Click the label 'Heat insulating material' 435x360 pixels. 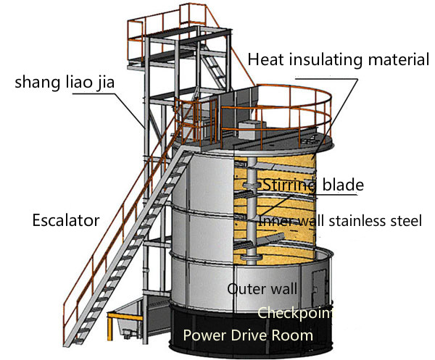tap(338, 60)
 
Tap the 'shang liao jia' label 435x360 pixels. tap(65, 83)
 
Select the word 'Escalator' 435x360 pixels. tap(66, 221)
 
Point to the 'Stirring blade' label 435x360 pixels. tap(313, 185)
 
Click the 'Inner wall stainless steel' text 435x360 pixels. tap(340, 221)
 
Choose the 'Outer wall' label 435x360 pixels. tap(262, 289)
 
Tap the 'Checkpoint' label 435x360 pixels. tap(295, 313)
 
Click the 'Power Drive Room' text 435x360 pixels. tap(248, 335)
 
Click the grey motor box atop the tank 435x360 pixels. tap(250, 130)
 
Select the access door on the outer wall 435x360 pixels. tap(319, 288)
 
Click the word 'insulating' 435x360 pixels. tap(328, 60)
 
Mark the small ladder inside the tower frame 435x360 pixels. tap(214, 68)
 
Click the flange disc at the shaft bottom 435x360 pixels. tap(251, 257)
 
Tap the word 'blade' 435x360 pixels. tap(343, 185)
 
